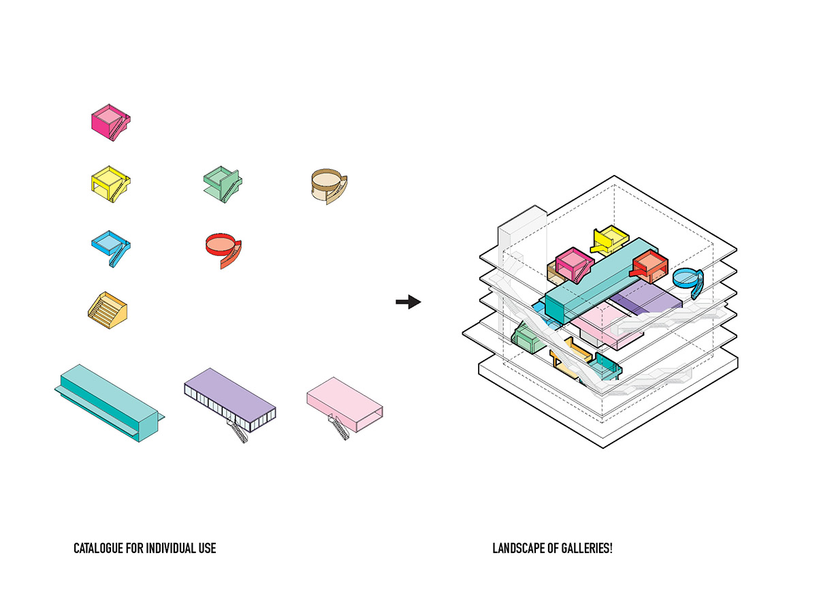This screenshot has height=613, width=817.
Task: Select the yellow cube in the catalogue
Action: coord(109,183)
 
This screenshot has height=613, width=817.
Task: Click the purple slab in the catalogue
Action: coord(231,398)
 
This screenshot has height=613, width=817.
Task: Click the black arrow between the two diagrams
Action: coord(408,302)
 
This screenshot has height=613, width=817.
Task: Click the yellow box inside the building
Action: coord(609,238)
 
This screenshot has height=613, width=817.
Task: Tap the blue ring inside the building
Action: coord(689,279)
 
